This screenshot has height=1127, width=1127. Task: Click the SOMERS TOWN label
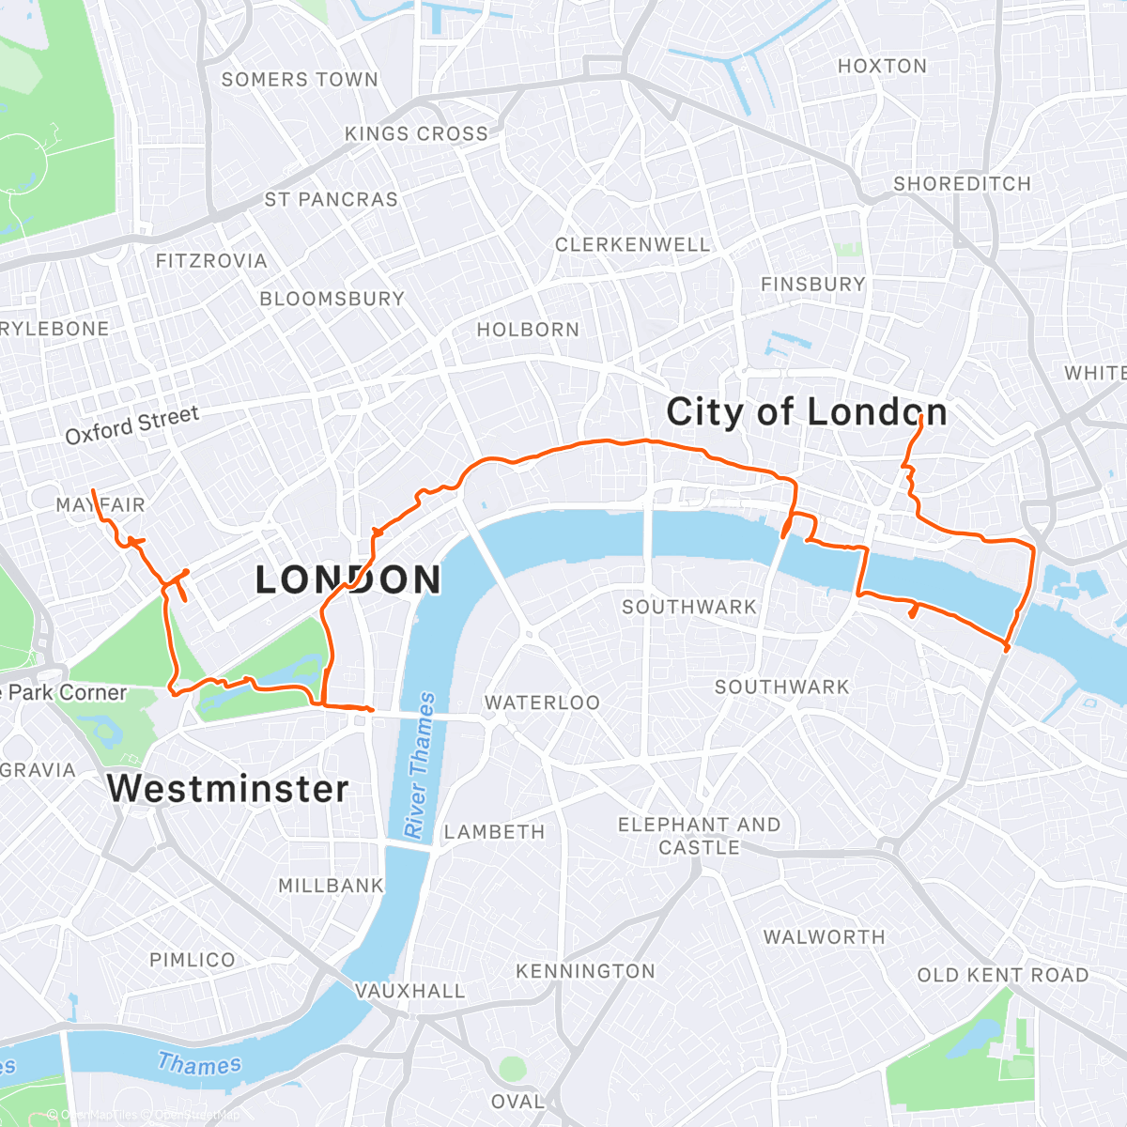coord(300,80)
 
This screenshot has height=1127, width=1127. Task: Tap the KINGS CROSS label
coord(416,133)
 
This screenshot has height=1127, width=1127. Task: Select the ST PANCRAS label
coord(331,199)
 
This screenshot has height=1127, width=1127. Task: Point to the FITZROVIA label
coord(211,260)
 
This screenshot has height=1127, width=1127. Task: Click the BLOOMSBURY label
coord(332,299)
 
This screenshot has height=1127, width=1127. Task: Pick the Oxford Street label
coord(132,425)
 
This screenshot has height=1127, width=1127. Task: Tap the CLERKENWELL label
coord(632,244)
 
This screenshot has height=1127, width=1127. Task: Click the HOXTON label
coord(882,66)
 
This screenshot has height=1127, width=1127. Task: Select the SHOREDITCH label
coord(962,184)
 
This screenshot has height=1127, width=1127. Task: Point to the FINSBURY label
coord(812,284)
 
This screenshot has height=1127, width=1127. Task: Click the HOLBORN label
coord(528,330)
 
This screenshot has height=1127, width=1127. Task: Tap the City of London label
coord(806,412)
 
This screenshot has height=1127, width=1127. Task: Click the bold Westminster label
coord(227,788)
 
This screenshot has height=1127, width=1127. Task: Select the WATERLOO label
coord(542,702)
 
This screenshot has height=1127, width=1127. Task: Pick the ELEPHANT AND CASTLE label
coord(699,836)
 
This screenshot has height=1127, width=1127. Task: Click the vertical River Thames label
coord(419,765)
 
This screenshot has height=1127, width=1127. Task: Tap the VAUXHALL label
coord(409,991)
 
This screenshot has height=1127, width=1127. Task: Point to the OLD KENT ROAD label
coord(1002,975)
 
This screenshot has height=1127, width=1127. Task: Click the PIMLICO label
coord(192,960)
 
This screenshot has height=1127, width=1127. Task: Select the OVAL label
coord(517,1101)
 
